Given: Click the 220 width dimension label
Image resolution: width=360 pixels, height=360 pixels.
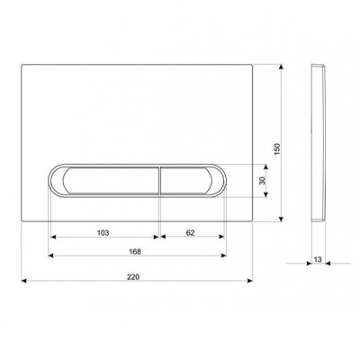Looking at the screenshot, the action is [133, 277].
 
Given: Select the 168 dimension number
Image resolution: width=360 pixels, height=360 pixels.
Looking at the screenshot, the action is [135, 252].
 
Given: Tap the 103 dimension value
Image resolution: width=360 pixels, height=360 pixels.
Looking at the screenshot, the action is [103, 233].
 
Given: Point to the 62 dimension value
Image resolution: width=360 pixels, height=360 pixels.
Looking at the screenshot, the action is [191, 233].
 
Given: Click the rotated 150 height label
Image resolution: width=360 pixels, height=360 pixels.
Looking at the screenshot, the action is [277, 149].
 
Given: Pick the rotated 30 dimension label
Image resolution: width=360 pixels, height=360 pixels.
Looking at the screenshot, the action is [262, 181].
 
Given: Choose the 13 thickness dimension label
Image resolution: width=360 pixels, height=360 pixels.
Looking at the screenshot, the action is [318, 259].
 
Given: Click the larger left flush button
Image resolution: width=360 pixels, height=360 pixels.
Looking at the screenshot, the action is [111, 180].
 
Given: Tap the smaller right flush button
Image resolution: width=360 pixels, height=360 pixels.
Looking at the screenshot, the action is [186, 180].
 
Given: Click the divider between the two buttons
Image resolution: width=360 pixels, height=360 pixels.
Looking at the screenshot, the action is [159, 180].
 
